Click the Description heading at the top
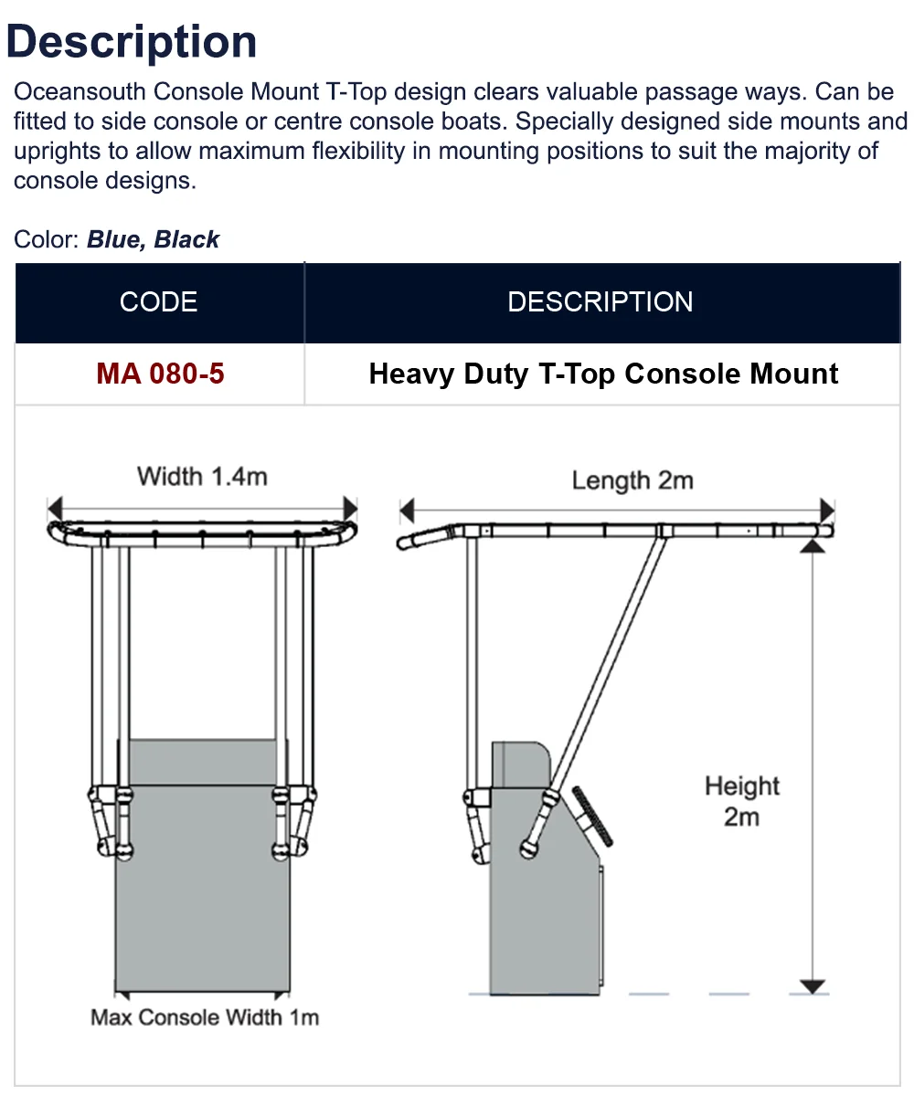point(132,42)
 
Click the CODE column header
point(158,302)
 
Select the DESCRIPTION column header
point(600,302)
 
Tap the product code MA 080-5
point(160,374)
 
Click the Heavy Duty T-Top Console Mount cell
point(603,374)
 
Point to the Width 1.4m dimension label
point(202,476)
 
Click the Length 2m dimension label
point(632,480)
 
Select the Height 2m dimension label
point(741,801)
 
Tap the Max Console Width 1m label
point(205,1017)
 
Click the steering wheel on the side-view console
point(593,815)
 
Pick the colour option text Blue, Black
point(153,240)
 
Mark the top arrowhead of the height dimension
point(810,547)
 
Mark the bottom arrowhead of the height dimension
point(810,985)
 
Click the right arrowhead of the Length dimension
point(827,510)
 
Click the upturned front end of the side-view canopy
point(422,539)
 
